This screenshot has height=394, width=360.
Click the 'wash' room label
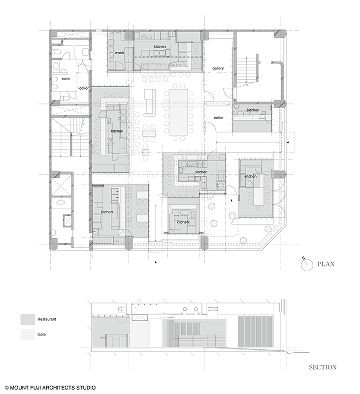coord(119,53)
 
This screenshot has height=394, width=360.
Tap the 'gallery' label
coord(218,68)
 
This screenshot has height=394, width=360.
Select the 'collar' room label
coord(218,118)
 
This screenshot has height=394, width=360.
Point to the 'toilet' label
coord(66,79)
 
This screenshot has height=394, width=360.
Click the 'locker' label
coord(83,88)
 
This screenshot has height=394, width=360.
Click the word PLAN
coord(326,264)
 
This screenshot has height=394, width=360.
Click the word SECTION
coord(323,367)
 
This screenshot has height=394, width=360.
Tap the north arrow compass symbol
coord(307,264)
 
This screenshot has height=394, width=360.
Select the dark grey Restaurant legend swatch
coord(28,319)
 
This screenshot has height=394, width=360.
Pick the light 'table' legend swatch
coord(28,334)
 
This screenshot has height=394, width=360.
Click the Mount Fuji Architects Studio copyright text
coord(50,388)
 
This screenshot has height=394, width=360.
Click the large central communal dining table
coord(179,112)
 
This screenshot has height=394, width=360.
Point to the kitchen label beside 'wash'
coord(160,46)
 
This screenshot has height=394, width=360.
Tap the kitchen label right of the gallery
coord(253,110)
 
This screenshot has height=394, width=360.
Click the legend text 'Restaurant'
coord(47,319)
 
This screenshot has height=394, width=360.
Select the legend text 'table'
coord(42,334)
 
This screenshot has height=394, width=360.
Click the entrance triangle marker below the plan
coord(156,263)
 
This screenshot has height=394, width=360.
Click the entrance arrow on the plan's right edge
coord(288,142)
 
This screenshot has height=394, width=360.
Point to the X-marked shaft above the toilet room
coord(70,33)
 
